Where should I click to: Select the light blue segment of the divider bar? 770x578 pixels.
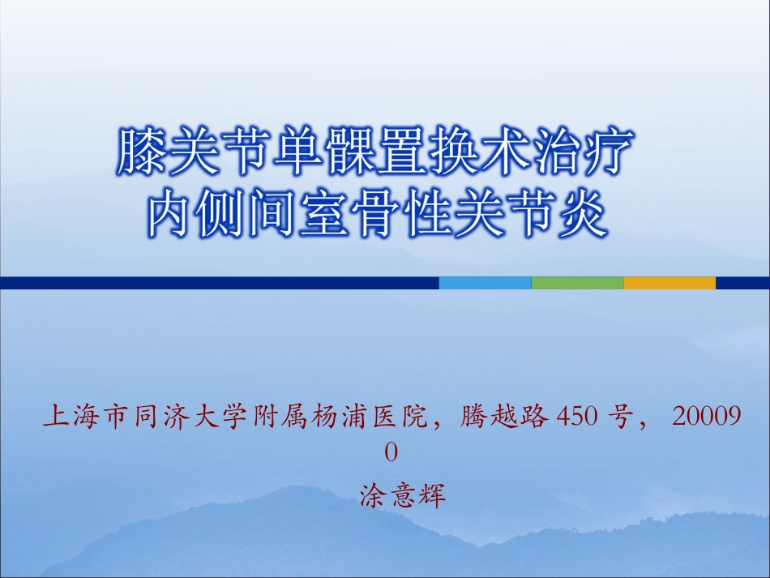coord(485,283)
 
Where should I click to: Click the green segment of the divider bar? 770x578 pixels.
coord(577,283)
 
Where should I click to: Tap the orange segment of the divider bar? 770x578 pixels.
coord(669,283)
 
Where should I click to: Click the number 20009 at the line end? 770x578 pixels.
coord(707,418)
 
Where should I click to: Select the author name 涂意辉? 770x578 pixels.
coord(403,495)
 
